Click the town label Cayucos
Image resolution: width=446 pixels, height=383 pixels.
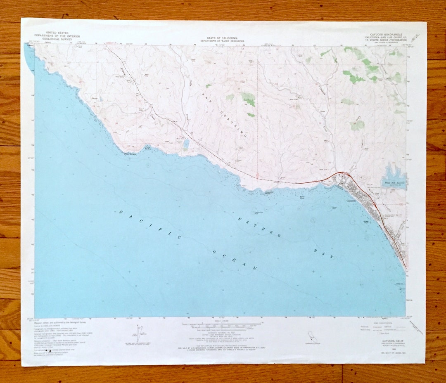coord(351,201)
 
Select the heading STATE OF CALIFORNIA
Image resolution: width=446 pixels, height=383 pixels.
coord(222,38)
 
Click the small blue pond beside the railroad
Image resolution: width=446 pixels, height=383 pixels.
coord(186,144)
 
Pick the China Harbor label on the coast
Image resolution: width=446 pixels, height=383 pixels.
coord(148,147)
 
